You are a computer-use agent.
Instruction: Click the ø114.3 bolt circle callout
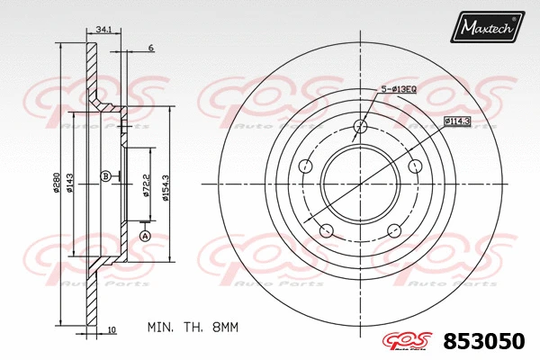(x=459, y=121)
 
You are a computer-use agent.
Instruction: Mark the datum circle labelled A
(x=144, y=236)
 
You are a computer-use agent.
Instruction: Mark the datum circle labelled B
(x=106, y=175)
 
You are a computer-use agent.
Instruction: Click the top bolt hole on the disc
(x=360, y=127)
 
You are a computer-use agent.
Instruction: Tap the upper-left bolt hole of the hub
(x=305, y=166)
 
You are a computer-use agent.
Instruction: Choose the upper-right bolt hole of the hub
(x=415, y=166)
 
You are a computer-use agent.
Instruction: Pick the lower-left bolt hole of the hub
(x=326, y=231)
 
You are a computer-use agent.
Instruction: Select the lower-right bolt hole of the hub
(x=394, y=231)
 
